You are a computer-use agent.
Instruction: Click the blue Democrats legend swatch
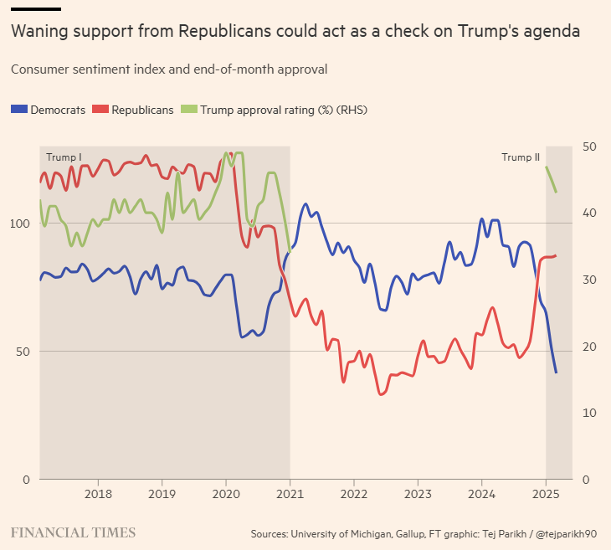tap(18, 110)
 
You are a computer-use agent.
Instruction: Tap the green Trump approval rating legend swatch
tap(189, 110)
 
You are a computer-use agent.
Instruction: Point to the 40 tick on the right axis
tap(589, 213)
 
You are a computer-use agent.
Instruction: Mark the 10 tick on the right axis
tap(589, 414)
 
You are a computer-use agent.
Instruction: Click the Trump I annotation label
tap(64, 157)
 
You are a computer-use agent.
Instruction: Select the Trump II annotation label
tap(521, 157)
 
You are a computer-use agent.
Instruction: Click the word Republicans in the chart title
tap(219, 33)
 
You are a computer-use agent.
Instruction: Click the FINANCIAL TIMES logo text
tap(73, 532)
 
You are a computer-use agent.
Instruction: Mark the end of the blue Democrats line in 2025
tap(556, 373)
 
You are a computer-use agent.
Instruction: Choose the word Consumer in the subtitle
tap(39, 69)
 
